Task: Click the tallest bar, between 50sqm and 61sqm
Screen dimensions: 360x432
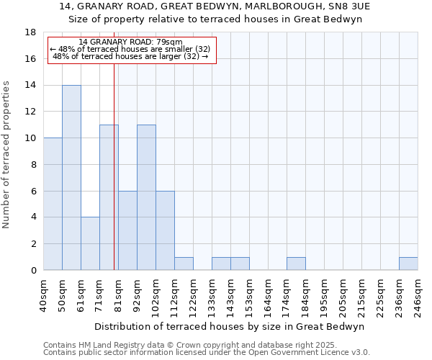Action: pos(71,178)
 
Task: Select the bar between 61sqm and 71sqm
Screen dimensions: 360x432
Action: pos(90,243)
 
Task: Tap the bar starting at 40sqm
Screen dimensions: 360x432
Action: pos(53,204)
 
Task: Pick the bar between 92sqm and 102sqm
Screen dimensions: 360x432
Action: pos(146,197)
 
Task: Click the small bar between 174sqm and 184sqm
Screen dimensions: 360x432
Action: pos(296,264)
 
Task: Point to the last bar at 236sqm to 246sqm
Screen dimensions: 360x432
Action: pos(408,264)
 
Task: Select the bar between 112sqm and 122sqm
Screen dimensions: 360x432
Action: pos(184,264)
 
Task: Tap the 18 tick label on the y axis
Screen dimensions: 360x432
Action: pos(30,32)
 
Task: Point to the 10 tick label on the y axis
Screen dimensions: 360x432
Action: pos(30,138)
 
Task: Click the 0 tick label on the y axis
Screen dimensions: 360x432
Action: pos(33,270)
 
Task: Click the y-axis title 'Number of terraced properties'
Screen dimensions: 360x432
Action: pos(7,155)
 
